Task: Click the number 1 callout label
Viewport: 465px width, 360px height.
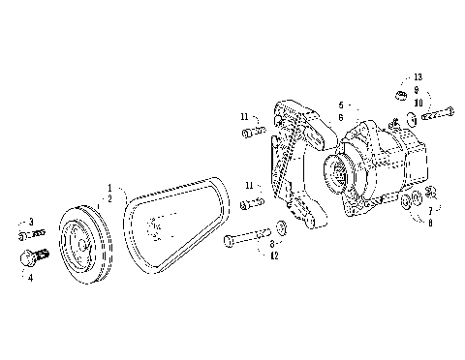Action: [x=109, y=187]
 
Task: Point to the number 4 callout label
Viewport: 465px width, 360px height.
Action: [x=29, y=276]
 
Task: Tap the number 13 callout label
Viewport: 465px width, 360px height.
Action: [x=418, y=76]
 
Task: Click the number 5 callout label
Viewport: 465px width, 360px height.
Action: [x=341, y=105]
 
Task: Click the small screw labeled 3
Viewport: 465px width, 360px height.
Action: [x=31, y=233]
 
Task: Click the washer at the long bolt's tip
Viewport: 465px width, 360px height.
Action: [x=281, y=228]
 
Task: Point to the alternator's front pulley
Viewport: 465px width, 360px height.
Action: [x=340, y=173]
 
